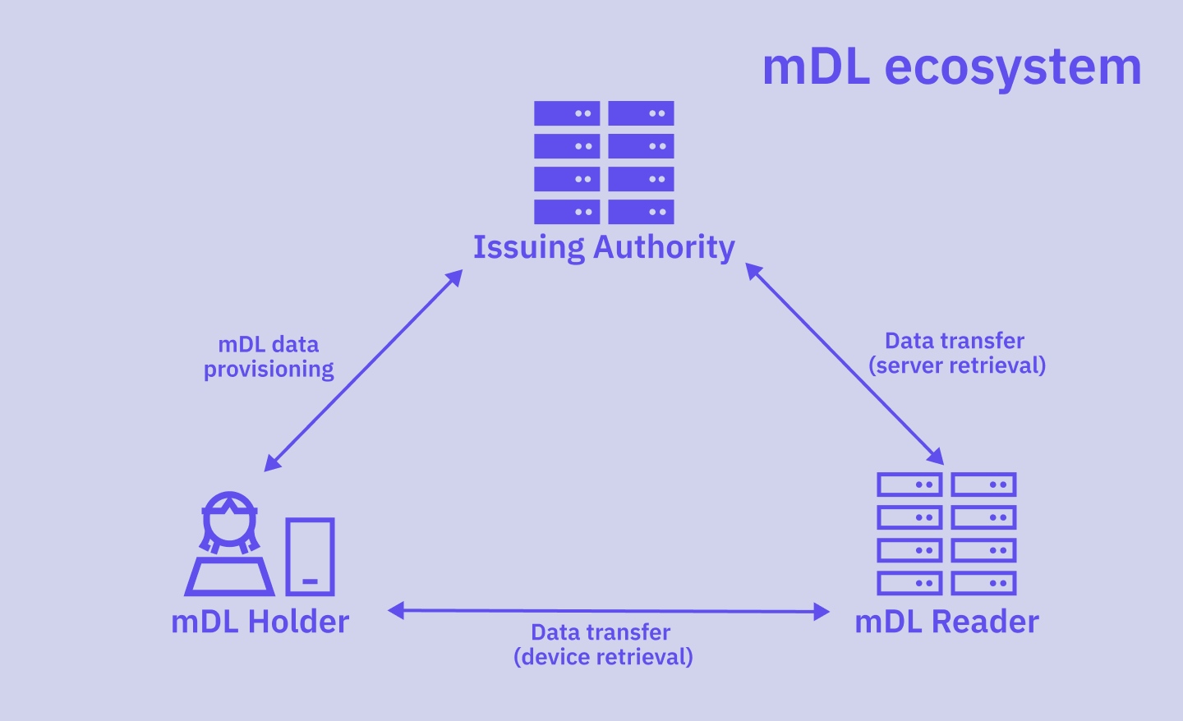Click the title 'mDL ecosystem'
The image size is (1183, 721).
951,67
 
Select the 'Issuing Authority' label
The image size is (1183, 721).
604,247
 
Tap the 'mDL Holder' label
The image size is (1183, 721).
260,622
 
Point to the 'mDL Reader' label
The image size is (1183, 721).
946,622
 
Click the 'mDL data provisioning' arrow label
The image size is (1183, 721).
269,356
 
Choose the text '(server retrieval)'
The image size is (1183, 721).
957,365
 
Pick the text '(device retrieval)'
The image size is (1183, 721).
603,657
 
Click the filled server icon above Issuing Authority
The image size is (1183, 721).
604,163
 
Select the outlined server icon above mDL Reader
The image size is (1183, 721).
946,534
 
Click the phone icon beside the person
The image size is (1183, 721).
310,557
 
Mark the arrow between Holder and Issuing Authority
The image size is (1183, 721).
363,370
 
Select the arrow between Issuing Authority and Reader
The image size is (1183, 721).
845,364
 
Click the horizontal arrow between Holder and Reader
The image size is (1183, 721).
608,611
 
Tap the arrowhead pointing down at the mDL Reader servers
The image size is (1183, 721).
936,457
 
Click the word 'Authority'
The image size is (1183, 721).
664,247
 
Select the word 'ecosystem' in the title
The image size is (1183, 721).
1012,67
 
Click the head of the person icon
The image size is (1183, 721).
229,519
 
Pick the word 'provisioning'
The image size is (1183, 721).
269,370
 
